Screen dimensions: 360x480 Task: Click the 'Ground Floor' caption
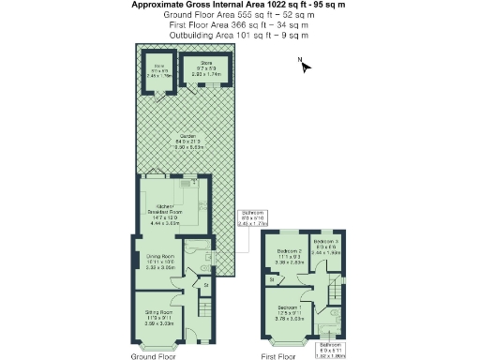click(x=154, y=356)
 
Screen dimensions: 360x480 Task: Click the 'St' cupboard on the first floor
click(x=272, y=278)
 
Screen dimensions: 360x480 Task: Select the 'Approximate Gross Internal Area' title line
click(x=238, y=5)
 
